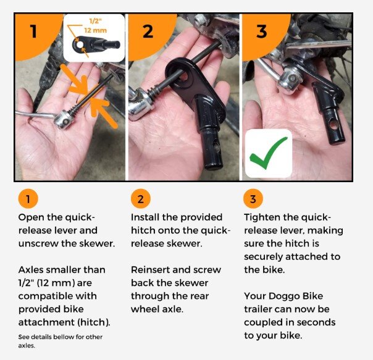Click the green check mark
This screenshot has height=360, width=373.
pos(269,154)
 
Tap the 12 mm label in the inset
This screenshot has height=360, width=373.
pos(95,30)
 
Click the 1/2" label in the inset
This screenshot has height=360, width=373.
pos(95,21)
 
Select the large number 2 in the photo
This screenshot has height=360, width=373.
pos(148,31)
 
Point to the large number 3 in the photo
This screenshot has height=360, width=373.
pos(261,31)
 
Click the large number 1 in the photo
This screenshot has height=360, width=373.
pos(33,31)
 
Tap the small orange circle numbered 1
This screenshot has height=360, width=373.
pos(28,199)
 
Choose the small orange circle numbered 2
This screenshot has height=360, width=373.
pos(141,199)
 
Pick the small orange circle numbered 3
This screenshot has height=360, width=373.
pos(253,199)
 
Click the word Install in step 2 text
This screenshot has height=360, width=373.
pos(145,217)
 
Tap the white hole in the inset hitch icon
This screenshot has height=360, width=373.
pos(80,44)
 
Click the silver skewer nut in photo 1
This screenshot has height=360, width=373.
pos(64,120)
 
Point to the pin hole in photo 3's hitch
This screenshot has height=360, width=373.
pos(333,125)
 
